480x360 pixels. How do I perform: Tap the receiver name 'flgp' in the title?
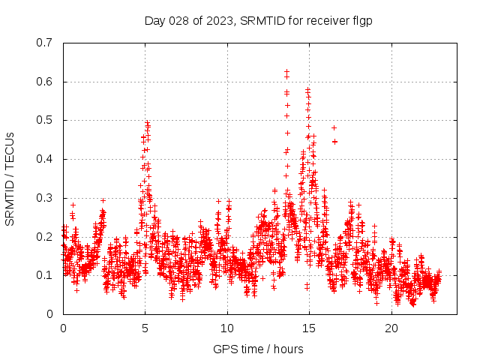click(x=363, y=21)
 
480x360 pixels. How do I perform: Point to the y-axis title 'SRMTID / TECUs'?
click(x=10, y=178)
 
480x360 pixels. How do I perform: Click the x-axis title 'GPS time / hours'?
click(x=258, y=349)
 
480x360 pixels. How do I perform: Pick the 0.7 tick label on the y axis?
click(x=44, y=43)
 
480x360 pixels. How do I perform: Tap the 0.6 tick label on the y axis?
click(x=44, y=82)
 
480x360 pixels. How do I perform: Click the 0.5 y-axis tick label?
click(x=44, y=120)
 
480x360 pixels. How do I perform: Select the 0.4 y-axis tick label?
click(x=44, y=159)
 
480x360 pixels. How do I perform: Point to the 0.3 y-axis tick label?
click(x=44, y=198)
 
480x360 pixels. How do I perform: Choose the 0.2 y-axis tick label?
click(x=44, y=236)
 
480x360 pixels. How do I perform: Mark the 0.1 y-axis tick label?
click(x=44, y=275)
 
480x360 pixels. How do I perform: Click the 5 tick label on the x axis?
click(x=145, y=328)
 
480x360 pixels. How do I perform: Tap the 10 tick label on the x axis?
click(x=227, y=328)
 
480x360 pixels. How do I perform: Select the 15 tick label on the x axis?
click(x=309, y=328)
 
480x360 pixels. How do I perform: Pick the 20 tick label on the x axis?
click(x=391, y=328)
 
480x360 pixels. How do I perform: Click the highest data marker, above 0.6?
click(x=286, y=71)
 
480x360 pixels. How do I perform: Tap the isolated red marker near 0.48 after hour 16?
click(x=334, y=127)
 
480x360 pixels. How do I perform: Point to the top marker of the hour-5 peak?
click(x=148, y=122)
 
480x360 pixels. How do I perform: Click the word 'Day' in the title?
click(x=154, y=21)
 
